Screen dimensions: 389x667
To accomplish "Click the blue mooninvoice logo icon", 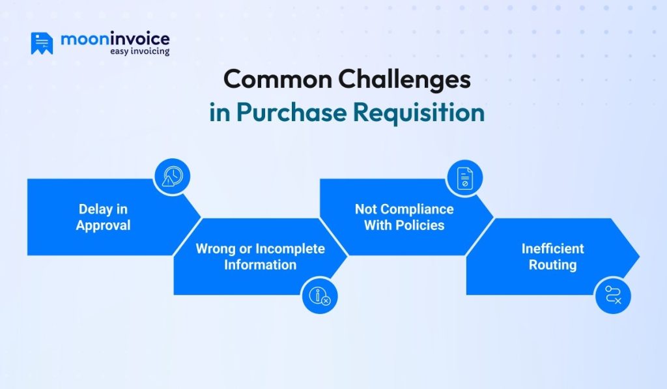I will [42, 43].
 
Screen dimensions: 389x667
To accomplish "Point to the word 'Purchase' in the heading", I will [291, 111].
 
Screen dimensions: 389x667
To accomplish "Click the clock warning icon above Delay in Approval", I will [173, 176].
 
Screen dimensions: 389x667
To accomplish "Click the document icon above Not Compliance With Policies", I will [464, 177].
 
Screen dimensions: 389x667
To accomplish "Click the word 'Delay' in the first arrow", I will [94, 209].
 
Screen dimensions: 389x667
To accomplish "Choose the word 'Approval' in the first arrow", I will [103, 225].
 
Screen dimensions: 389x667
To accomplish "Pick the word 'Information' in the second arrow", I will [261, 265].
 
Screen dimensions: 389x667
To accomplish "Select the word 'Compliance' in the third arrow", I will [417, 209].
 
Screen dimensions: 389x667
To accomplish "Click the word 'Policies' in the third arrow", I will [422, 225].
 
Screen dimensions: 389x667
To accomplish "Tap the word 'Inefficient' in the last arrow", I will [552, 249].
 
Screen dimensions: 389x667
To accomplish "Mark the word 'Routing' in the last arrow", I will [552, 265].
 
